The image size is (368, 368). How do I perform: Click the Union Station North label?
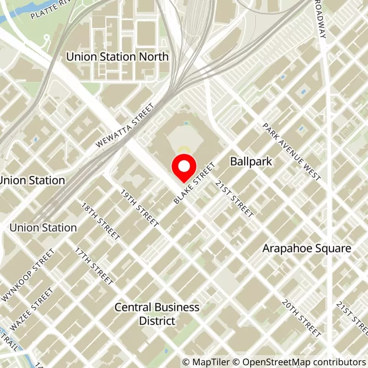coord(117,57)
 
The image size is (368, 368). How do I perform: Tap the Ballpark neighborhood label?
coord(251,162)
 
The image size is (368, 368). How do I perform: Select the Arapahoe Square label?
coord(307,248)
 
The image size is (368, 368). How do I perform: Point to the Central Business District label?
coord(157,314)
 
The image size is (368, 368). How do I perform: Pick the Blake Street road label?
coord(195,183)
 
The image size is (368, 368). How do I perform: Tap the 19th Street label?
coord(139,207)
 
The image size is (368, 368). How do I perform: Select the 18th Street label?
coord(101,221)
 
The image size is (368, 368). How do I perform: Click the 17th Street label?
coord(94,266)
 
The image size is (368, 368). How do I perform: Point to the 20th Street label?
coord(301,319)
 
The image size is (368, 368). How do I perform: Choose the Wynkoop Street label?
coord(28,275)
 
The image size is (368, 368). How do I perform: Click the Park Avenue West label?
coord(291,151)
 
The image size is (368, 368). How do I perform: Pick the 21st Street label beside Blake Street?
coord(235,198)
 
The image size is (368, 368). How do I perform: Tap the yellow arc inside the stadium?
coord(184,149)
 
